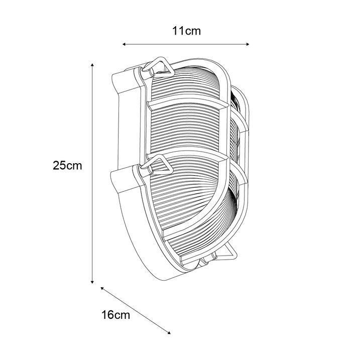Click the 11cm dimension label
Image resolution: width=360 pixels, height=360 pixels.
pos(186,31)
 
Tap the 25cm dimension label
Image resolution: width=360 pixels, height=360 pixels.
pos(67,165)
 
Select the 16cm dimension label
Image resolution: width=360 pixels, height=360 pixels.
pos(115,315)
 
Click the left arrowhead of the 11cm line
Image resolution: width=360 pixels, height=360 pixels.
pos(124,44)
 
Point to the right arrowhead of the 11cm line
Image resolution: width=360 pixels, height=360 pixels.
pos(248,44)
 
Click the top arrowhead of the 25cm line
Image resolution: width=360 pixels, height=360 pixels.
pos(92,65)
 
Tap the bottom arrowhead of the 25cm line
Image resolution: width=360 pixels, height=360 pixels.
pos(92,282)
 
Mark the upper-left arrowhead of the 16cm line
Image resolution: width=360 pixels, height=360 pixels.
pos(102,288)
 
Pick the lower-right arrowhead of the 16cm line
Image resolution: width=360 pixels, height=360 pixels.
pos(169,333)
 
